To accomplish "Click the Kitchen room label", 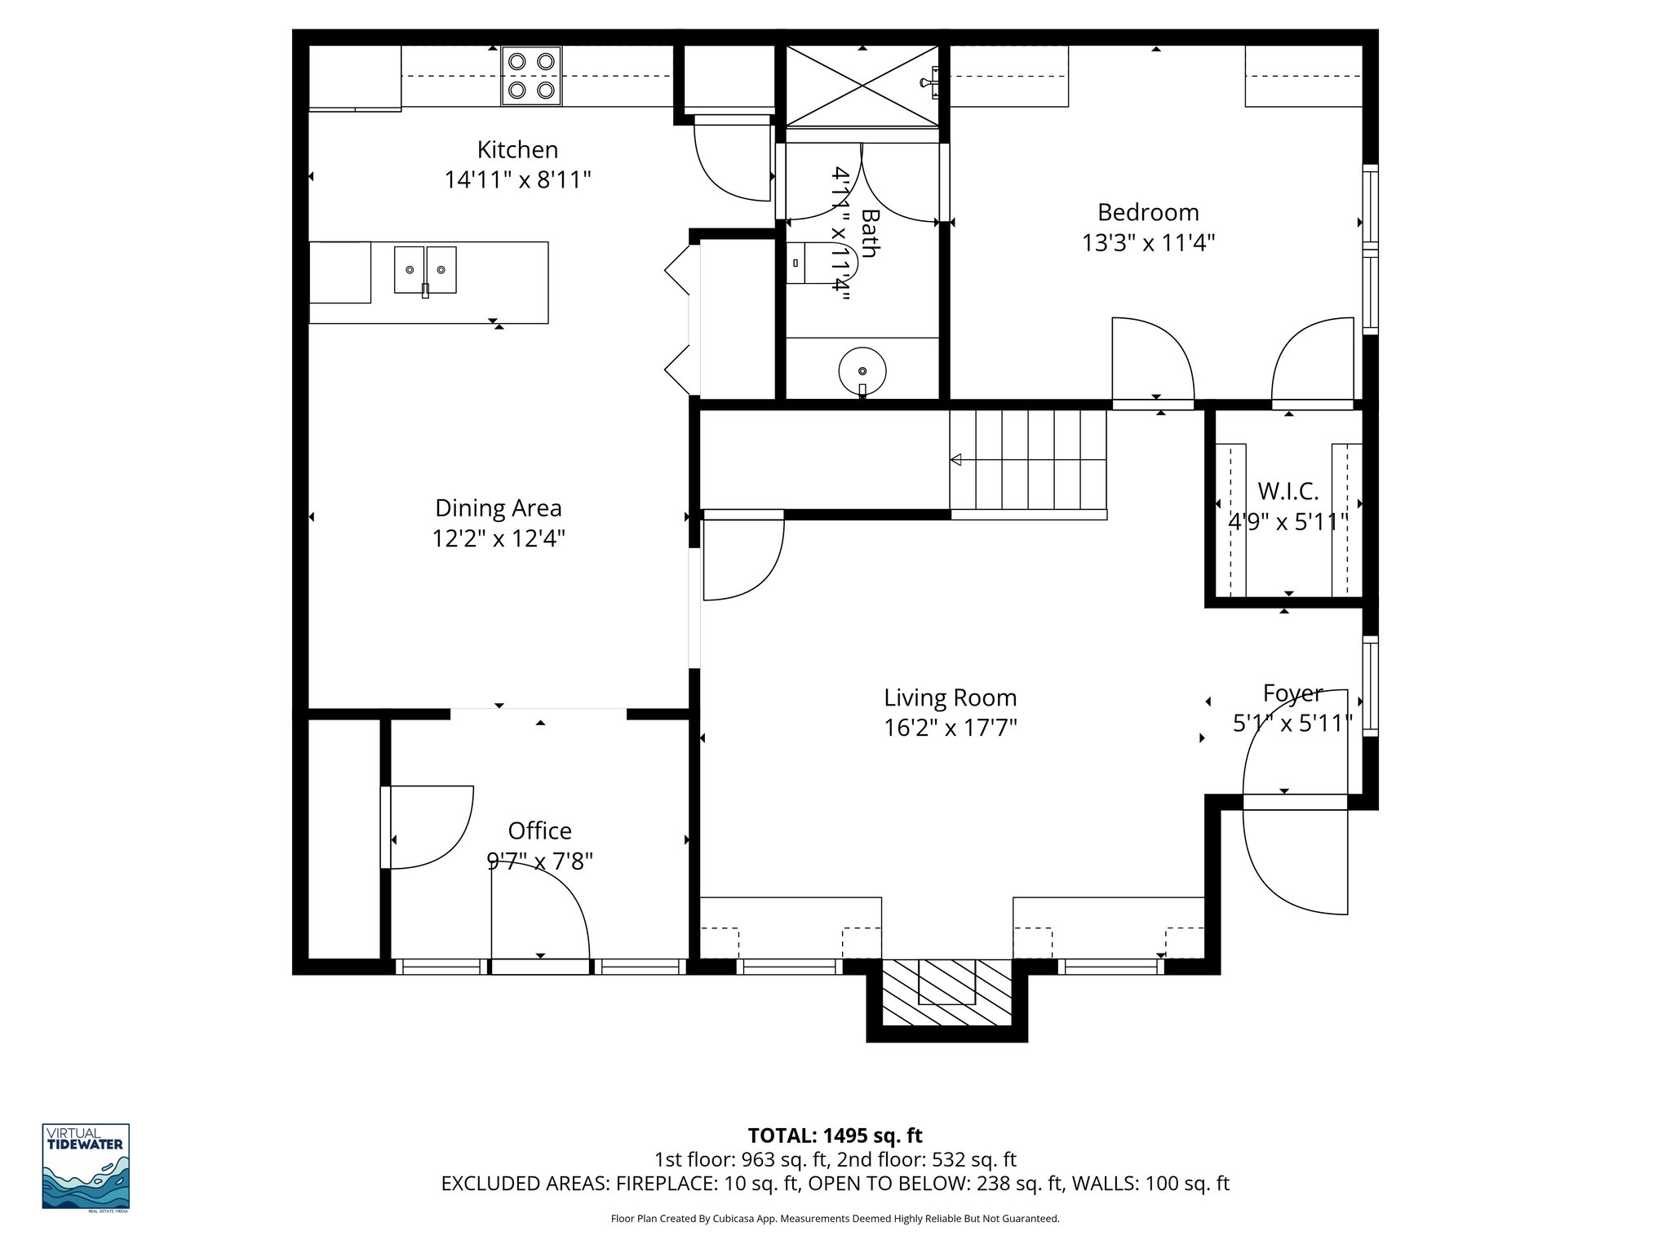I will coord(517,150).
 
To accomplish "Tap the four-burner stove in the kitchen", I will coord(531,77).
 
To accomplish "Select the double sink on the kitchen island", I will coord(425,270).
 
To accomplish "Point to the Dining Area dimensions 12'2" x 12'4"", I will coord(498,538).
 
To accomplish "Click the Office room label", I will coord(539,830).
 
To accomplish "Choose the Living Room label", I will coord(950,697).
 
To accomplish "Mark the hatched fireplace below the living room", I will coord(946,992).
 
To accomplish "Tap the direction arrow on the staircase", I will coord(957,460).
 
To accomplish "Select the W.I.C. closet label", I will coord(1288,491).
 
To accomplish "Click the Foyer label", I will coord(1292,693).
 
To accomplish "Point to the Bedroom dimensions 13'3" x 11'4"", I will coord(1148,243).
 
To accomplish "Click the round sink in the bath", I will coord(862,371).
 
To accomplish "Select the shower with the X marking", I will coord(862,86).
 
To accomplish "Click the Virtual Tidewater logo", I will coord(86,1166).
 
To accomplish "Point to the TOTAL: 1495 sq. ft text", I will coord(835,1135).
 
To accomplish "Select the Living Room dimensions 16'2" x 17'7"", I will coord(950,728).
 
